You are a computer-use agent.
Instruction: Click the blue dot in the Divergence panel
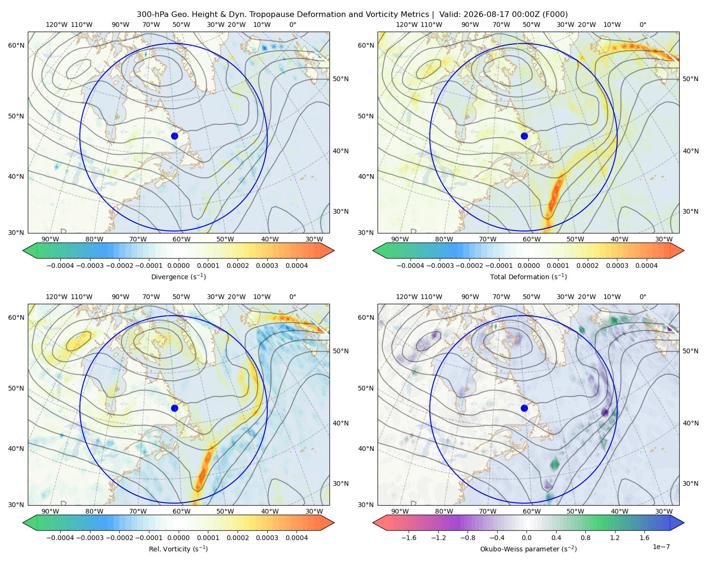pyautogui.click(x=174, y=136)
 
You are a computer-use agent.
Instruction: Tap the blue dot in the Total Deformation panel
pyautogui.click(x=524, y=136)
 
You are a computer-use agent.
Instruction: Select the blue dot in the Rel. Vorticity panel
pyautogui.click(x=174, y=408)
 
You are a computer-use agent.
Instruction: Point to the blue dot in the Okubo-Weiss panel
pyautogui.click(x=524, y=408)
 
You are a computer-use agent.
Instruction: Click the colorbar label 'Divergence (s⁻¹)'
pyautogui.click(x=178, y=276)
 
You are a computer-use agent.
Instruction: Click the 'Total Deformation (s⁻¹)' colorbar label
pyautogui.click(x=528, y=276)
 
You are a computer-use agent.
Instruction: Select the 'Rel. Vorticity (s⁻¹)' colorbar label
pyautogui.click(x=178, y=549)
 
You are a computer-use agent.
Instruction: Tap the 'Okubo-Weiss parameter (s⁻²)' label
pyautogui.click(x=528, y=549)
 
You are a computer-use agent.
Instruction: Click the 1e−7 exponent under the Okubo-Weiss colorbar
pyautogui.click(x=661, y=547)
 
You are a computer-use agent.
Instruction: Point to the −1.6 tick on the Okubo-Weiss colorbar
pyautogui.click(x=409, y=537)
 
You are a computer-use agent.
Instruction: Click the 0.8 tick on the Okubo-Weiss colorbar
pyautogui.click(x=585, y=537)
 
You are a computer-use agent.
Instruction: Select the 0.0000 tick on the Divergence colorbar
pyautogui.click(x=178, y=266)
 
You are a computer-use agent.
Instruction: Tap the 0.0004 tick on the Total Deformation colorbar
pyautogui.click(x=647, y=266)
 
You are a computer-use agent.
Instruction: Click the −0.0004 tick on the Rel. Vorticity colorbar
pyautogui.click(x=60, y=537)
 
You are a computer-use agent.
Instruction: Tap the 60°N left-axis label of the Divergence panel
pyautogui.click(x=16, y=45)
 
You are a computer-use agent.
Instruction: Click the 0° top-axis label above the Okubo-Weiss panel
pyautogui.click(x=642, y=297)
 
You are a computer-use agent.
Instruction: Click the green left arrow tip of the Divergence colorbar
pyautogui.click(x=24, y=250)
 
